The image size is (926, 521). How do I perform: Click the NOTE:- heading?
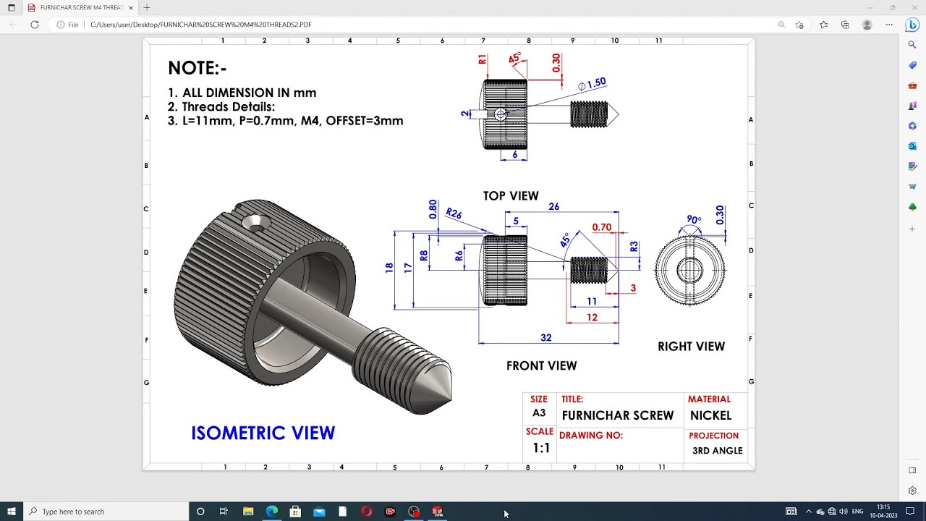(x=197, y=68)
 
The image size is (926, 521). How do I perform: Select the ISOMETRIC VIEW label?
(x=263, y=433)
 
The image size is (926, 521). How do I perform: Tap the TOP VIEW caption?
(x=511, y=196)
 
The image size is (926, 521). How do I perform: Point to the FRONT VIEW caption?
(x=541, y=366)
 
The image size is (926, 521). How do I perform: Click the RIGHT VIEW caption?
(x=691, y=347)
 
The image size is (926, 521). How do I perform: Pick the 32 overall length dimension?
(x=545, y=338)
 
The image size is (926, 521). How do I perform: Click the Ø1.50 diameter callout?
(x=592, y=85)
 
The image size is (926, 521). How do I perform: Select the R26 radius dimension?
(x=454, y=213)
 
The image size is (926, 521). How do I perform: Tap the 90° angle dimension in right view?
(x=694, y=220)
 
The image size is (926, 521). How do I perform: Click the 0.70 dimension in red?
(x=601, y=227)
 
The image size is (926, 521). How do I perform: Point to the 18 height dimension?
(x=389, y=268)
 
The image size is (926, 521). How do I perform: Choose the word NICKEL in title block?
(x=710, y=415)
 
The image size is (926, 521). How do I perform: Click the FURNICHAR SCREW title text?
(x=617, y=415)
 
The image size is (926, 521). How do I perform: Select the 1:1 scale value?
(x=541, y=448)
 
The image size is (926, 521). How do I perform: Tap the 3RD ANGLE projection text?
(x=717, y=451)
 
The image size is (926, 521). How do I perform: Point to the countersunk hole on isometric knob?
(x=256, y=224)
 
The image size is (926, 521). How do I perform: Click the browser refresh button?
(x=34, y=25)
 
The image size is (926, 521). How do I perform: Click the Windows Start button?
(x=11, y=512)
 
